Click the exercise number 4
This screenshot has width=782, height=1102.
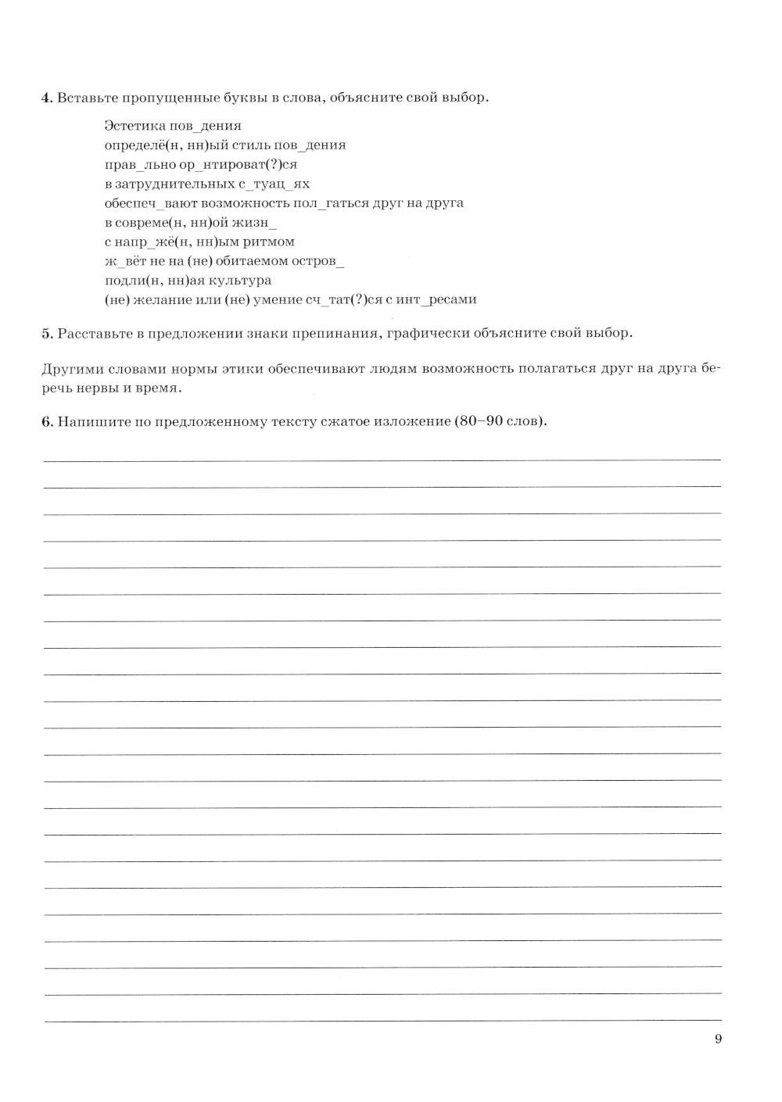click(45, 98)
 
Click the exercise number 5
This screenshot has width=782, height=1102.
click(45, 334)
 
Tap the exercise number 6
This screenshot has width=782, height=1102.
click(45, 422)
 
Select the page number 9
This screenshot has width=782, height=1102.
click(718, 1039)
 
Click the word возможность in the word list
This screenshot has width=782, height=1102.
click(227, 203)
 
